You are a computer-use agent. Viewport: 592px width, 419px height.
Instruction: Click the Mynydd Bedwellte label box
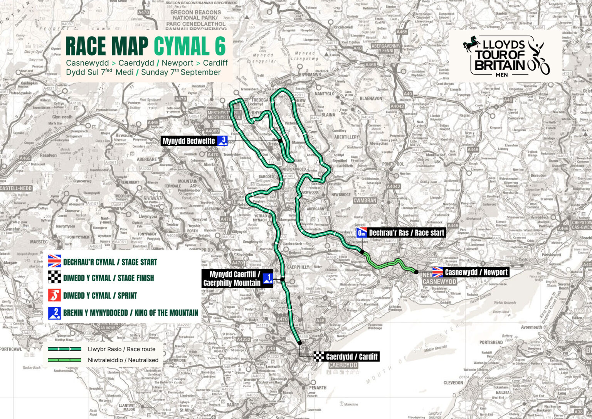tap(189, 141)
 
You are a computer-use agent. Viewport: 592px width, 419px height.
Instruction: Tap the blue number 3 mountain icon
tap(223, 141)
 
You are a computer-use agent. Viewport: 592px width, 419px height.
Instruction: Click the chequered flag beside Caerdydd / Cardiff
tap(319, 356)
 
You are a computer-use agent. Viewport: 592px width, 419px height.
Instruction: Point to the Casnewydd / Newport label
tap(476, 272)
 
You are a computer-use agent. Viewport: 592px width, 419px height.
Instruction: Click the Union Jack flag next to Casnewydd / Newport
tap(437, 272)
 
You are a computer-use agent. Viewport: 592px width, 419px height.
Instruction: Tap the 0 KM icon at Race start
tap(361, 233)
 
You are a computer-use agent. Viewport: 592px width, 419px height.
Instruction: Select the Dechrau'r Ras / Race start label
tap(407, 233)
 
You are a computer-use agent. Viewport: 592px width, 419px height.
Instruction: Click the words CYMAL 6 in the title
tap(190, 46)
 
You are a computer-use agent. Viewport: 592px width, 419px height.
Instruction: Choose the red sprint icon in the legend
tap(54, 295)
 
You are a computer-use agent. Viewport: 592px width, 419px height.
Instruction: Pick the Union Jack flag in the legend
tap(54, 261)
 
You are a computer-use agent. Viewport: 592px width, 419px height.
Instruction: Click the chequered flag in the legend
tap(54, 278)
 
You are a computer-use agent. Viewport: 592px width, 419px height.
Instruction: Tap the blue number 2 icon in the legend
tap(54, 313)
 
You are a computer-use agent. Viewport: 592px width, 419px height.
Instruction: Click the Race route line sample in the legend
tap(64, 349)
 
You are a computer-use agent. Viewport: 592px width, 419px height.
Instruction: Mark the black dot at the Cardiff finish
tap(299, 342)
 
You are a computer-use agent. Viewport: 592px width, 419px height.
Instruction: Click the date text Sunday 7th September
tap(181, 72)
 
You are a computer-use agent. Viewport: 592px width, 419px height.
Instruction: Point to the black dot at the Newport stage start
tap(416, 272)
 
